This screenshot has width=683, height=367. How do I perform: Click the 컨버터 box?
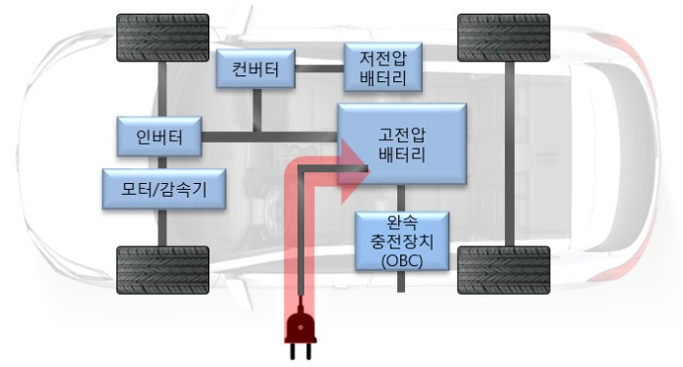point(256,69)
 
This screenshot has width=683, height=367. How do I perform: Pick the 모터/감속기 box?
point(164,189)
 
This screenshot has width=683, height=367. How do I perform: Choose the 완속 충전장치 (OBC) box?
point(401,240)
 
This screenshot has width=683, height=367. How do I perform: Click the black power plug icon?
point(300,332)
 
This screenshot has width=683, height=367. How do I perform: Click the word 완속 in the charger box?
point(401,222)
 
